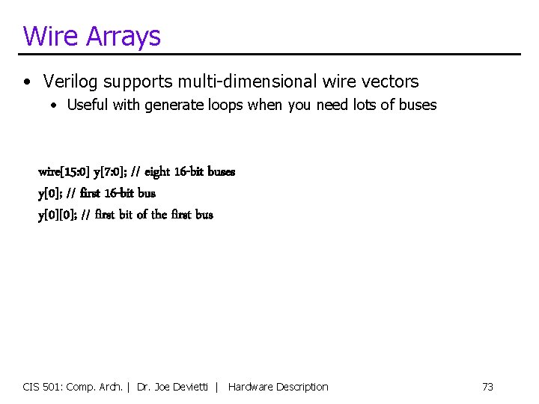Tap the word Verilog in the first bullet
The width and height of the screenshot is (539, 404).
point(72,82)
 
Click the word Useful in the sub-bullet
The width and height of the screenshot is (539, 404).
point(88,105)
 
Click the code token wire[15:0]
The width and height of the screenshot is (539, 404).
point(64,172)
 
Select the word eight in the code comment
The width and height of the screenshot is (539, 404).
point(157,172)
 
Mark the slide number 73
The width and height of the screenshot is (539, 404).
point(487,387)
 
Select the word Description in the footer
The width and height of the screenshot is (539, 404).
point(302,387)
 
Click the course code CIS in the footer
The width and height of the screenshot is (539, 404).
point(31,387)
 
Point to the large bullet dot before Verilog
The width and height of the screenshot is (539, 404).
point(27,82)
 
